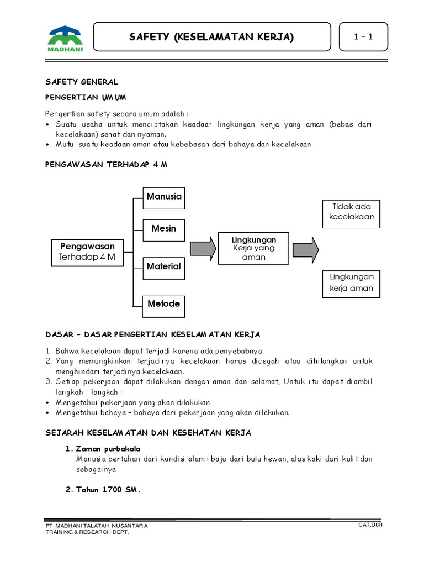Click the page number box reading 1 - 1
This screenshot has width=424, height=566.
click(363, 37)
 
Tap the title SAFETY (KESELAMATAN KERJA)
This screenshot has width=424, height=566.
click(211, 37)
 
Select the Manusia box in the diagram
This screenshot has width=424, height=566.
click(163, 197)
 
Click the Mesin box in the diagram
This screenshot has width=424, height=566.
click(163, 229)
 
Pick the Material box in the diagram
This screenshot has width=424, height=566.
click(163, 266)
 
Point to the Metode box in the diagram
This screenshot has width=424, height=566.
click(163, 304)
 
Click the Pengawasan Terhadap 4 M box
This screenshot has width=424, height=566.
click(87, 251)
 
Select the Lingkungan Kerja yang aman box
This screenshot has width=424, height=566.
click(254, 248)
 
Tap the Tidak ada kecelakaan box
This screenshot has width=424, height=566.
click(352, 212)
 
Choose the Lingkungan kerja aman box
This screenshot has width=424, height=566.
click(352, 282)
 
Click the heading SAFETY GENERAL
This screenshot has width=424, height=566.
click(81, 82)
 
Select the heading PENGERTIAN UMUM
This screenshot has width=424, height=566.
click(86, 97)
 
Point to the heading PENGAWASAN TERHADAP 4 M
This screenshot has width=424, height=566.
click(105, 165)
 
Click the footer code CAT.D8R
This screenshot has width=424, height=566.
click(370, 524)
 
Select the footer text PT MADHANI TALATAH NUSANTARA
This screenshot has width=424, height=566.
click(97, 525)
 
